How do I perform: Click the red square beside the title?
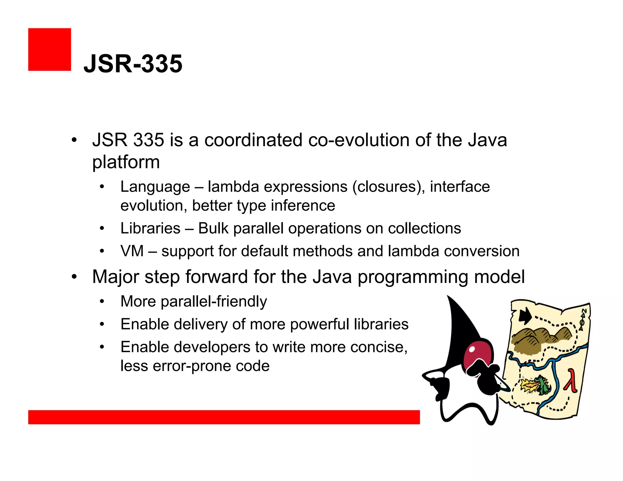[50, 50]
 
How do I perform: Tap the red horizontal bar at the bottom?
[224, 417]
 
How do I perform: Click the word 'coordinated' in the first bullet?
[253, 140]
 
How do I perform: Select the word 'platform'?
[126, 162]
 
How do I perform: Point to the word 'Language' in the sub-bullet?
[155, 187]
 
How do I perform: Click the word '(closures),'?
[388, 187]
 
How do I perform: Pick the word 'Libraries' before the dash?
[150, 228]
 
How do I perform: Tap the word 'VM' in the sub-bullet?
[132, 251]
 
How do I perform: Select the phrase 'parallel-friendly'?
[214, 302]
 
